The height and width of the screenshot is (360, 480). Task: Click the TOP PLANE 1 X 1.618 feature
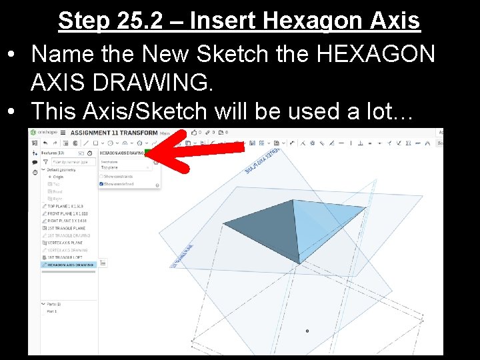(x=67, y=206)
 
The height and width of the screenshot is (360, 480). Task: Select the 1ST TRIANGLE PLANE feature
(x=67, y=228)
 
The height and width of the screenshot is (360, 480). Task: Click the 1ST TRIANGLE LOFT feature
(x=65, y=257)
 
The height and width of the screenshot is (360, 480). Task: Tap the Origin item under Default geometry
(x=59, y=177)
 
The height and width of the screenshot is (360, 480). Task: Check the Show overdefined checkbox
(x=102, y=184)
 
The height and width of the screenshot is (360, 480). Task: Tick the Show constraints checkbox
(x=102, y=177)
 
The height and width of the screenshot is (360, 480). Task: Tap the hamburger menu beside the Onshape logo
(x=63, y=133)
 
